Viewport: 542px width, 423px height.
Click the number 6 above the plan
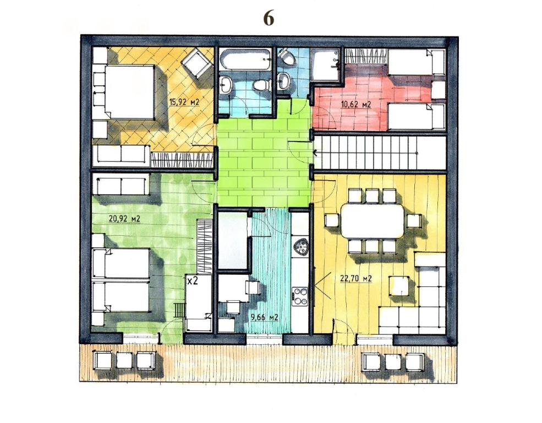pos(269,18)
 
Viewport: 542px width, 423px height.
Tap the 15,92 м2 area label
pos(184,102)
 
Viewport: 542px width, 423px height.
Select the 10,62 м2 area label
pos(357,104)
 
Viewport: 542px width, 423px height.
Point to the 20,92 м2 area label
pos(125,219)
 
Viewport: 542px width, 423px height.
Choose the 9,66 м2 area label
pos(265,318)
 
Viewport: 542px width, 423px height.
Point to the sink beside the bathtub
pos(227,84)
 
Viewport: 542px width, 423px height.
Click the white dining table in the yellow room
pos(373,221)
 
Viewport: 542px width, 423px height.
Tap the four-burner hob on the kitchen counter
pos(300,295)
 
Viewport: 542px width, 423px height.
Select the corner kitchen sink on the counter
pos(300,247)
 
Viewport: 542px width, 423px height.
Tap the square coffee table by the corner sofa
pos(399,286)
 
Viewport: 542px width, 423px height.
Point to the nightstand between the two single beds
pos(438,90)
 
